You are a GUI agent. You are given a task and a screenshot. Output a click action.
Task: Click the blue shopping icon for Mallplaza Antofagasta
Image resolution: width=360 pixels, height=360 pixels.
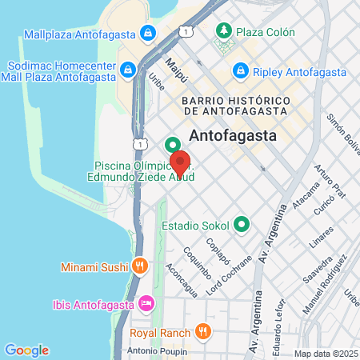(147, 34)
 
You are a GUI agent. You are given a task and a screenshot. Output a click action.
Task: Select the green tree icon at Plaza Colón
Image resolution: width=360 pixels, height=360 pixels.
(224, 33)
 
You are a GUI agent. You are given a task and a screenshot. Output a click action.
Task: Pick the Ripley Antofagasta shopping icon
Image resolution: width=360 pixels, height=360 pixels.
(238, 70)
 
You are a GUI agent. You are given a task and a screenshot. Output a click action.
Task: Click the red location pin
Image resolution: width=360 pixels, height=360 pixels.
(180, 162)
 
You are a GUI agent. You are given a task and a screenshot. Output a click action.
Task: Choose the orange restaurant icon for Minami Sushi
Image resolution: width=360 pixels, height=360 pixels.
(140, 264)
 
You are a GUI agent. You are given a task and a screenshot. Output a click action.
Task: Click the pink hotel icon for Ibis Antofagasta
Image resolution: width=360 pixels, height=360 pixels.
(146, 303)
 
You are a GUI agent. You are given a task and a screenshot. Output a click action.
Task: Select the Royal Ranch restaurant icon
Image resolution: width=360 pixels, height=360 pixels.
(202, 332)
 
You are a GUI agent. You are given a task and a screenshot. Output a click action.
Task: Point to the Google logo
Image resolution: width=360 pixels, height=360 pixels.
(26, 350)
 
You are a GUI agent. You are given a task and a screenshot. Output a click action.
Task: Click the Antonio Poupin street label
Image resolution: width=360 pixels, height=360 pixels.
(156, 350)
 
